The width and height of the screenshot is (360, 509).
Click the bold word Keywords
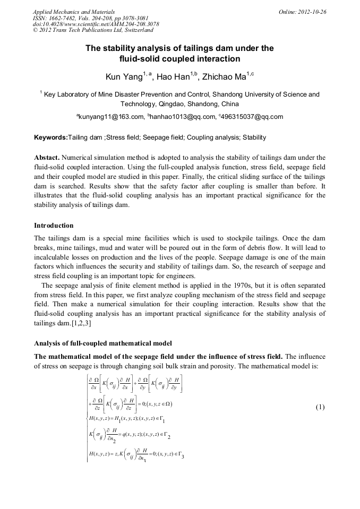50,137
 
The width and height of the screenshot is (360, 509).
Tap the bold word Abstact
46,158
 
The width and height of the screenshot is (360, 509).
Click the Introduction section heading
54,226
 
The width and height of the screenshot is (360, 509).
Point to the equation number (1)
320,408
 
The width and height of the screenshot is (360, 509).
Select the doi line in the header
96,24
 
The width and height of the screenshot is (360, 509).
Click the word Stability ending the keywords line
254,137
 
